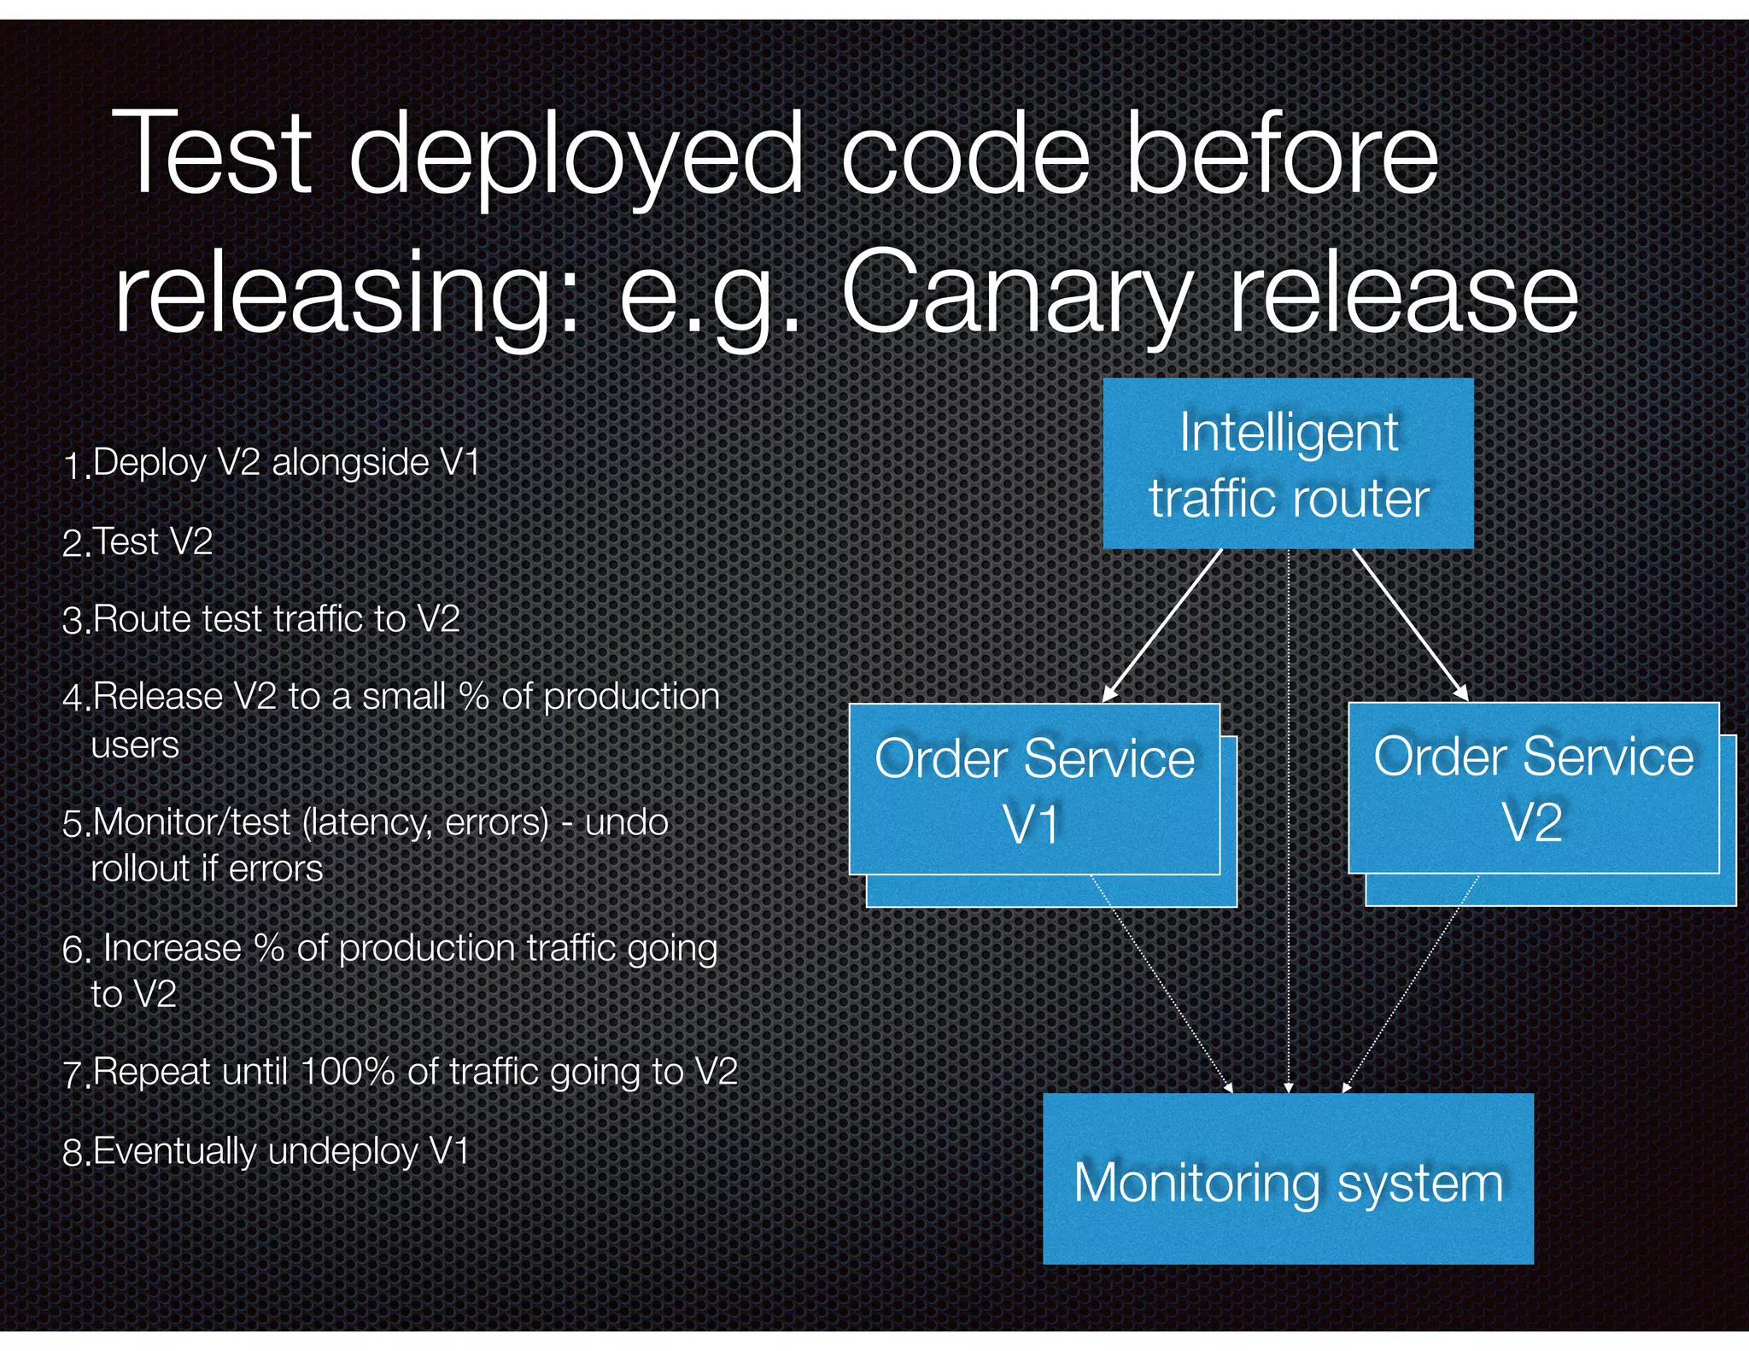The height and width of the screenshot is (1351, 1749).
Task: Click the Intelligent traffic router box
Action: coord(1288,464)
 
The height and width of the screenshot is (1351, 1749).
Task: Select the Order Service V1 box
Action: coord(1034,789)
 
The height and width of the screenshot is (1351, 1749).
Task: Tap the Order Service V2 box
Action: coord(1533,787)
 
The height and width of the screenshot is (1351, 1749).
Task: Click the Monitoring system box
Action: coord(1288,1178)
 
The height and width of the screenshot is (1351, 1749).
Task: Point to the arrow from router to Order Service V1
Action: coord(1162,625)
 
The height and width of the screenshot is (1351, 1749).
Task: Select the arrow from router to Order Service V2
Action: coord(1410,625)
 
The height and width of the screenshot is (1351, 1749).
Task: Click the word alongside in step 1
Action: coord(350,463)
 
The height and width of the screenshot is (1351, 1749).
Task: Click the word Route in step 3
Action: coord(142,619)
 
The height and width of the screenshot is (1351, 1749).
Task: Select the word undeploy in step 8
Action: coord(342,1152)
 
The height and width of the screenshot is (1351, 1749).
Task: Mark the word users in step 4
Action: coord(135,746)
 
